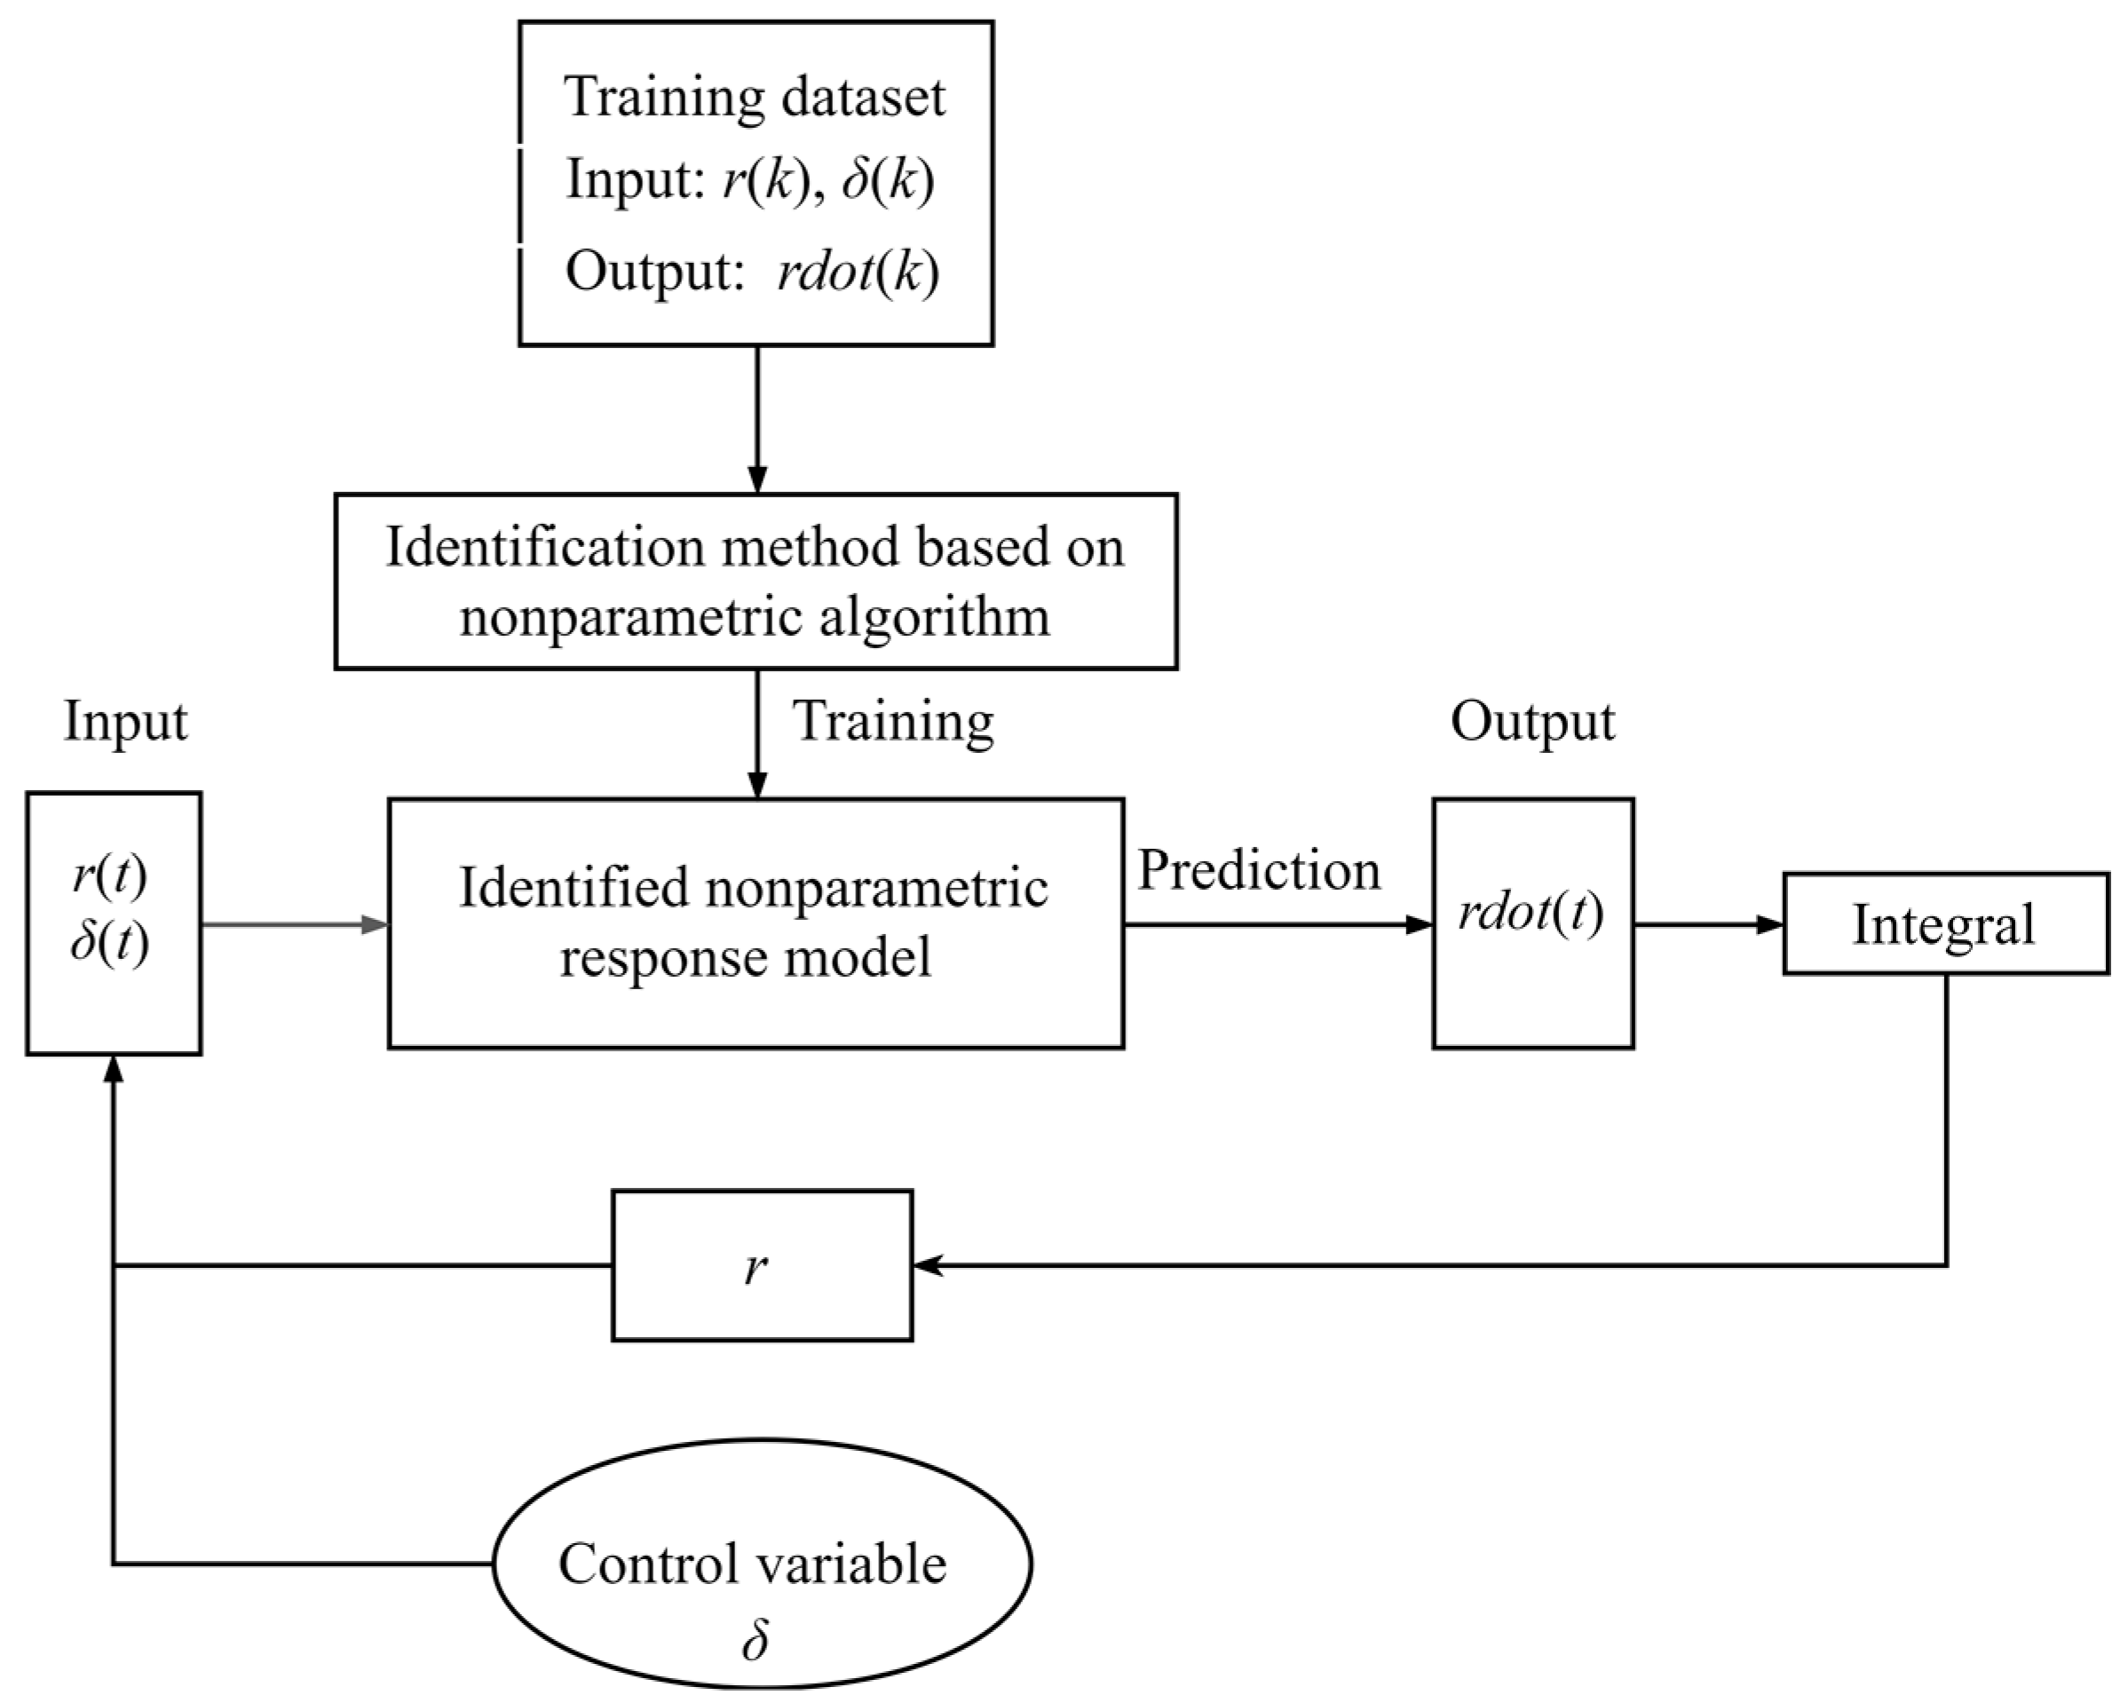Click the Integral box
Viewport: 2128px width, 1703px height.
point(1944,924)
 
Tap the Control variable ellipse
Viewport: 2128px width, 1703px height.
point(761,1563)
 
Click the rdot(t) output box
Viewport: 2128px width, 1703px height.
point(1533,923)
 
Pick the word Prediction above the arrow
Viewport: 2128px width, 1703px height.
point(1259,871)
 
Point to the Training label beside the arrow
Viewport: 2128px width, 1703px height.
point(893,721)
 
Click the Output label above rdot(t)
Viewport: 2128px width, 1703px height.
point(1531,722)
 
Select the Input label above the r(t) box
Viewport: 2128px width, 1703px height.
point(125,722)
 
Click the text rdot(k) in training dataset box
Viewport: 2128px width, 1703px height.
point(858,272)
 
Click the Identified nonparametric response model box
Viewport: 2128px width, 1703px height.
point(755,923)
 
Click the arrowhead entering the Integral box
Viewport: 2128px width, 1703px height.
point(1771,925)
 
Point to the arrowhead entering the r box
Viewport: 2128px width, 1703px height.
point(926,1264)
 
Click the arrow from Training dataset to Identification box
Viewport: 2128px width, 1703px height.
point(757,420)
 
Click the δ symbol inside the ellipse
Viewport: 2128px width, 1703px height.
point(755,1640)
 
